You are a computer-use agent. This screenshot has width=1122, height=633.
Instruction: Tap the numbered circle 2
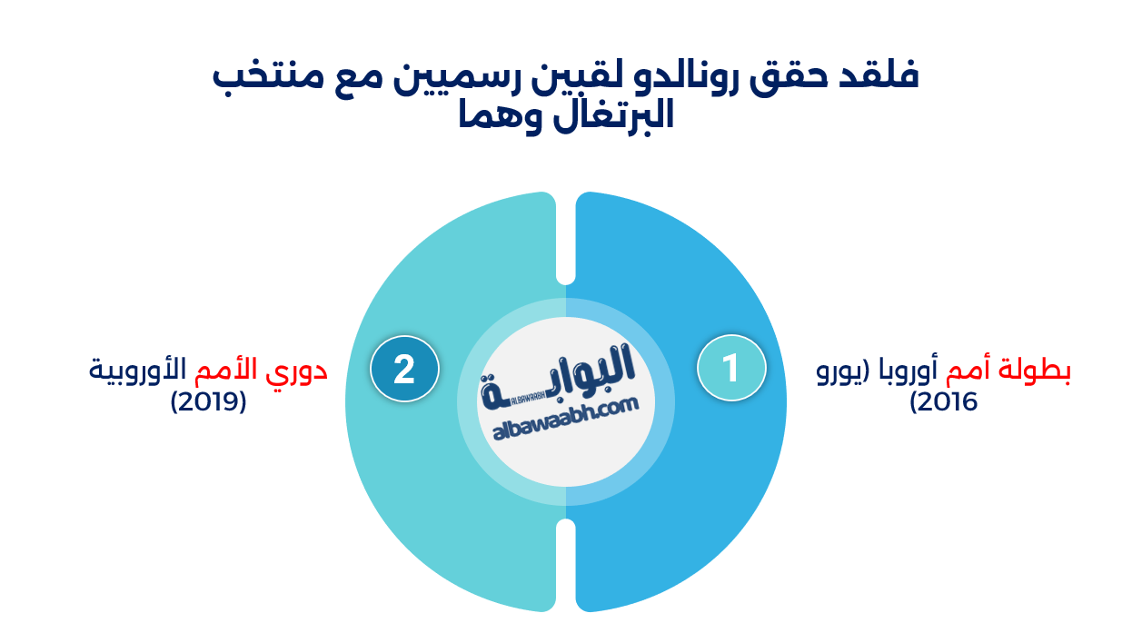404,370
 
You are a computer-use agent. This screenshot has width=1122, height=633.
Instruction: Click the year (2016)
944,401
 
